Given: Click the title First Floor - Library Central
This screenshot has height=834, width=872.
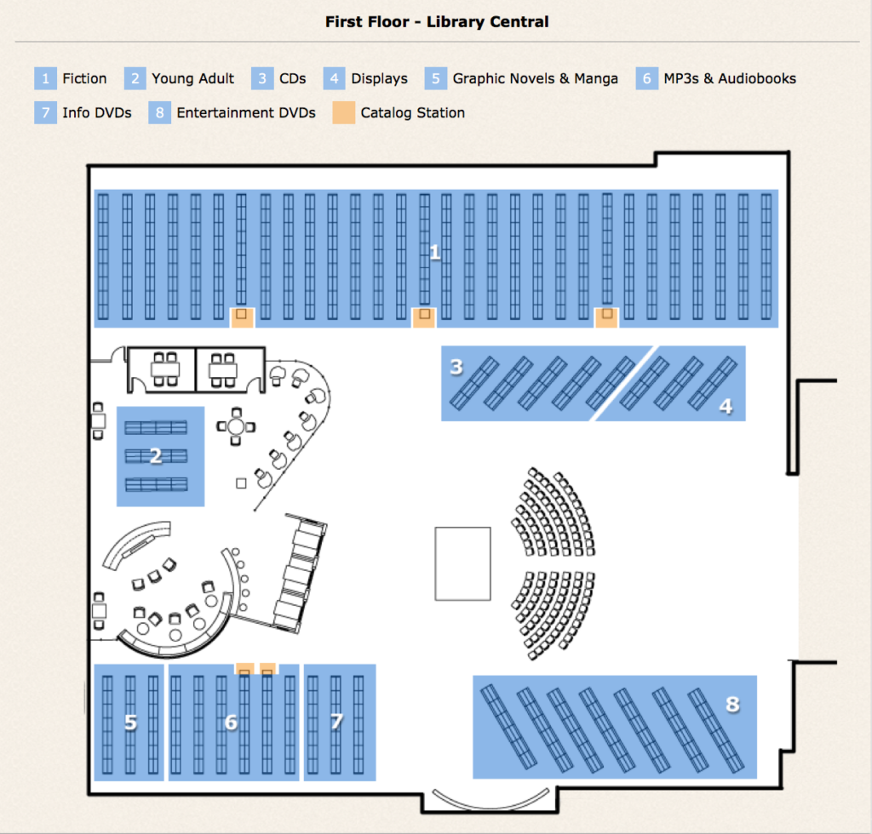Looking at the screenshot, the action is pos(437,22).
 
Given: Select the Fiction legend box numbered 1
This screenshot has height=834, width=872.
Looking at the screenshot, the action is pos(45,78).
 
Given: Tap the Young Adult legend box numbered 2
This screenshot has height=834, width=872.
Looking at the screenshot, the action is pos(135,78).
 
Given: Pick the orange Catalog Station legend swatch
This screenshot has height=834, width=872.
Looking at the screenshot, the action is pos(344,112).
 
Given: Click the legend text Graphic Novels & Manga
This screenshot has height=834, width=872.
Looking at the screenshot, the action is pos(536,78).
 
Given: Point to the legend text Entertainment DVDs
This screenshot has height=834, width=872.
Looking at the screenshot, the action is pos(246,112).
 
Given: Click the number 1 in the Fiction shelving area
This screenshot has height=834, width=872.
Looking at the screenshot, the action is pos(435,252).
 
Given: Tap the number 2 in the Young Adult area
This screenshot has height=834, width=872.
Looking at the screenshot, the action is pos(156,456).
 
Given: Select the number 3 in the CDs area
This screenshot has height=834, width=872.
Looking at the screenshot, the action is pos(456,367).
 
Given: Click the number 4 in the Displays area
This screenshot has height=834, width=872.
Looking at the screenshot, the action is pos(725,407).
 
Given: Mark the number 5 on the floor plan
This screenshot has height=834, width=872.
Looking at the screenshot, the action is pos(130,723).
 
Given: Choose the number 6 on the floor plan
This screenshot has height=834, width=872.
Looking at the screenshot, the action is pos(231,723).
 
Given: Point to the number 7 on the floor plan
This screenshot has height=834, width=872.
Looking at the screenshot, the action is pos(336,723).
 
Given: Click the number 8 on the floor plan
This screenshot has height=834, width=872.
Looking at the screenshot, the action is pos(732,704).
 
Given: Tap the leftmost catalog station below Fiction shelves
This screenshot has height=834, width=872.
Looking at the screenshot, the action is pos(243,317).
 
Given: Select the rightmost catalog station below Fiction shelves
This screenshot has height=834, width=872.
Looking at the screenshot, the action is pos(606,317).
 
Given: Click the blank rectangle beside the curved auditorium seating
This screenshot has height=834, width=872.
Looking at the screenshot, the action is pos(462,563).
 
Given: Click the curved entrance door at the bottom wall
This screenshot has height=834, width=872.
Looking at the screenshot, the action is pos(490,799).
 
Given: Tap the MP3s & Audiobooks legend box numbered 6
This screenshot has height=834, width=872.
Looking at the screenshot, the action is pos(646,78).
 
